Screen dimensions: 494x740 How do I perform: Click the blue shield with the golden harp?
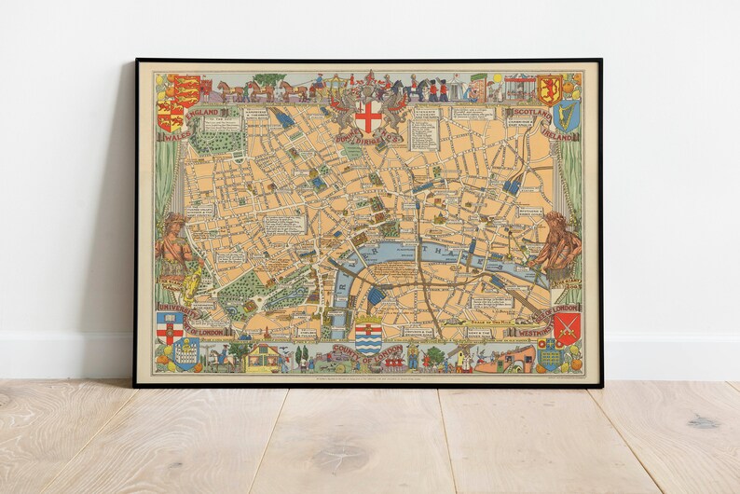pos(566,116)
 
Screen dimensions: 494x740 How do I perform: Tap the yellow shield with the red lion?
pos(549,89)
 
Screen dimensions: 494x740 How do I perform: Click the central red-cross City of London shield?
pos(369,117)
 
